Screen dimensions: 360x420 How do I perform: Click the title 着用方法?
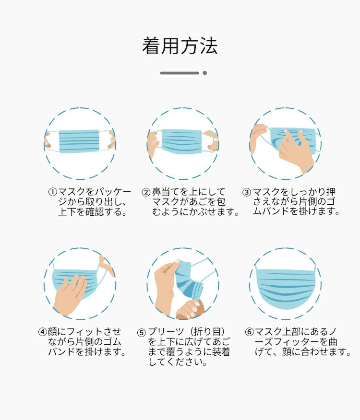click(x=180, y=46)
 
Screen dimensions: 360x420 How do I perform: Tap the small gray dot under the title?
click(x=205, y=73)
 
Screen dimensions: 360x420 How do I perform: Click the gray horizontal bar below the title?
click(x=180, y=73)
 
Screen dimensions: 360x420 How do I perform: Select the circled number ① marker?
click(x=53, y=192)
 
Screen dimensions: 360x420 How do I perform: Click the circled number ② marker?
click(x=146, y=192)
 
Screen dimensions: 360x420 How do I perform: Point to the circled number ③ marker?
click(x=247, y=192)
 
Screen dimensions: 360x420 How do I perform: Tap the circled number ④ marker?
click(x=43, y=332)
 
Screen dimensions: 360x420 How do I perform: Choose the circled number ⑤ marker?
click(x=142, y=333)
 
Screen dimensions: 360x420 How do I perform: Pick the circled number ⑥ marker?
click(x=250, y=332)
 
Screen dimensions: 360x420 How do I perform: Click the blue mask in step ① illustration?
click(x=79, y=141)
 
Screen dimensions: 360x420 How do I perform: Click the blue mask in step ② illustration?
click(x=181, y=141)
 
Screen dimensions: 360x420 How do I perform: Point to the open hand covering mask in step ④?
click(x=70, y=295)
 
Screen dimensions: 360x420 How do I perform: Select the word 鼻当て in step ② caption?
click(x=166, y=192)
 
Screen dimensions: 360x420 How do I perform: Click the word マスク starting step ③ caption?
click(x=266, y=192)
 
